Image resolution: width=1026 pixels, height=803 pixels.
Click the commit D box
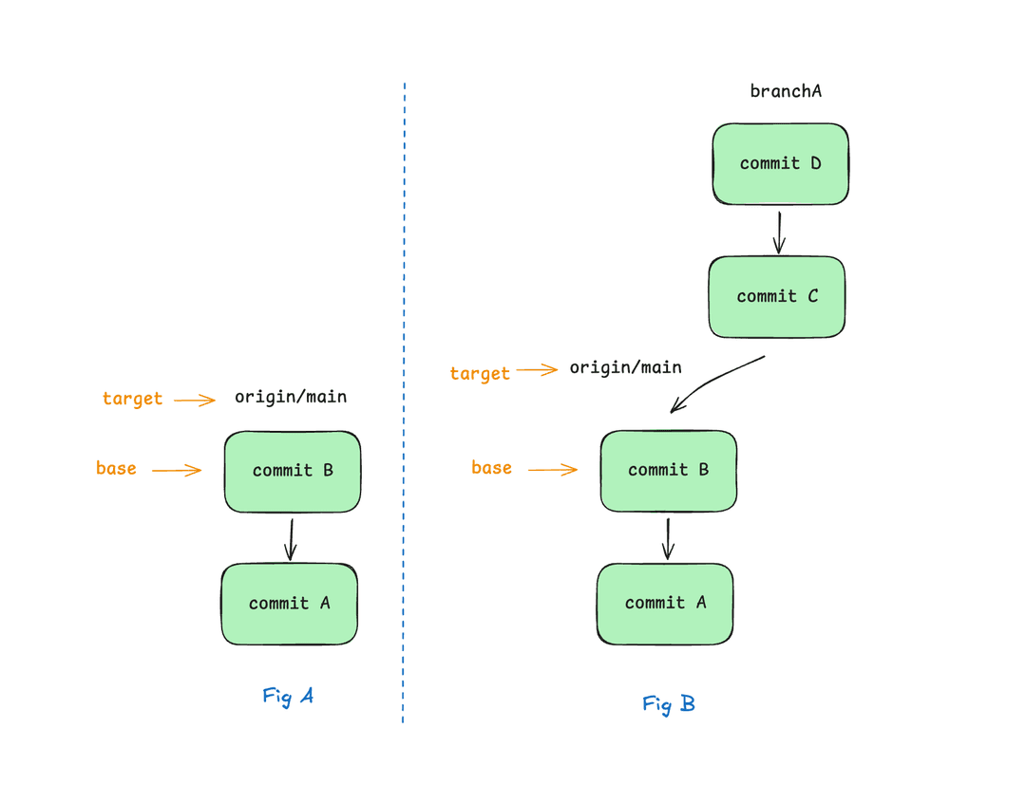[x=781, y=163]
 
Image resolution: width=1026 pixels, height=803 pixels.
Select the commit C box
[x=777, y=297]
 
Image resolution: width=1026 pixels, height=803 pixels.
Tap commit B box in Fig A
[x=293, y=472]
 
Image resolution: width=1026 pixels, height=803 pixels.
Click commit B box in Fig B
[x=669, y=471]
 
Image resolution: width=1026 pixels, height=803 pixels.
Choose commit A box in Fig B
[x=665, y=604]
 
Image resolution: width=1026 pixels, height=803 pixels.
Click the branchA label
[x=786, y=91]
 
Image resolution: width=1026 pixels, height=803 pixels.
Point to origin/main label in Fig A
[x=291, y=397]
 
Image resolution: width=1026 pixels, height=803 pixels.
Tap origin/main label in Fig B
[x=625, y=367]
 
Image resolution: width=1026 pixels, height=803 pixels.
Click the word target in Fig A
[x=132, y=399]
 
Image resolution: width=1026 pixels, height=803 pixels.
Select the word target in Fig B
[x=480, y=373]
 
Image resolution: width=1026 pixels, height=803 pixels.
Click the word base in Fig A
[x=117, y=468]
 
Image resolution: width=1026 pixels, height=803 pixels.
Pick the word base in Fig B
[x=492, y=468]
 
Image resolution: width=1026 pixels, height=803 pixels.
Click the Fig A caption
[x=288, y=697]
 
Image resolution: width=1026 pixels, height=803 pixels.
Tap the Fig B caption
[x=669, y=704]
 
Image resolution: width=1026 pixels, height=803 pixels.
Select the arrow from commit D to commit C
[x=779, y=233]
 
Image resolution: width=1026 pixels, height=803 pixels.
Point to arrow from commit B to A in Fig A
[x=292, y=539]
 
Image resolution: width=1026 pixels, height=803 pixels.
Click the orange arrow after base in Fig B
[x=553, y=470]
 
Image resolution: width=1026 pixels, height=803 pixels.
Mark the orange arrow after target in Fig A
[x=195, y=401]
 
